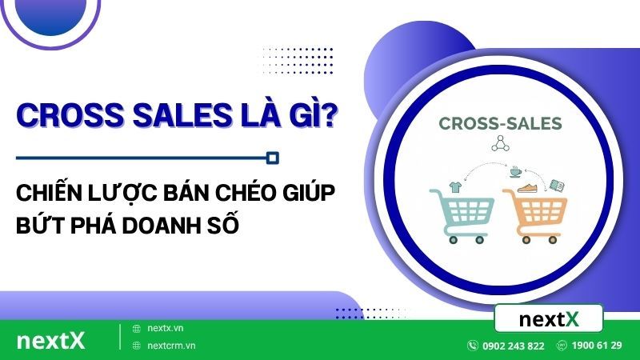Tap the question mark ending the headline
[x=327, y=114]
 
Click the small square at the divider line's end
[x=273, y=158]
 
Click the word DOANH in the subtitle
[x=162, y=226]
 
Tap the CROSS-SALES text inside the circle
[x=500, y=124]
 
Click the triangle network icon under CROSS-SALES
[x=501, y=144]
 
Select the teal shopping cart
[x=462, y=215]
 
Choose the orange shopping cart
[x=534, y=215]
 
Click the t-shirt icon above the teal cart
[x=455, y=187]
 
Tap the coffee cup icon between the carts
[x=515, y=172]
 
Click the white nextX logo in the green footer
[x=51, y=341]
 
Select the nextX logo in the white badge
[x=549, y=318]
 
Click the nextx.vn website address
[x=166, y=328]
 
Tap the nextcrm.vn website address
[x=171, y=346]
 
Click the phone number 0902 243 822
[x=513, y=346]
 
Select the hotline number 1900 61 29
[x=597, y=346]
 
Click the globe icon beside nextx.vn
[x=137, y=329]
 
